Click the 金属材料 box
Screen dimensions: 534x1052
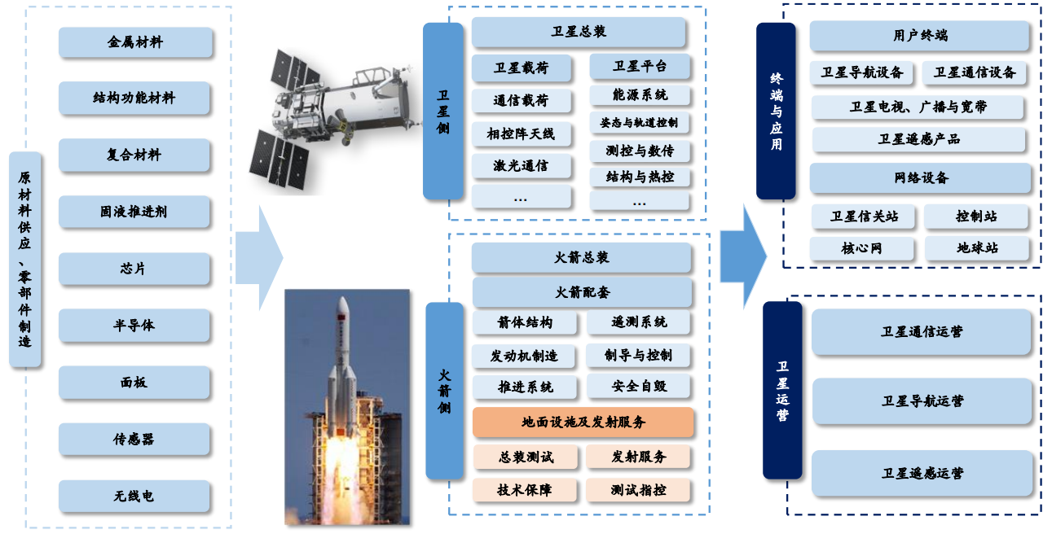(x=135, y=42)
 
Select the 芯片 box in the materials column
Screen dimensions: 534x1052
(x=135, y=269)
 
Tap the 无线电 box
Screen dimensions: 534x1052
(x=135, y=496)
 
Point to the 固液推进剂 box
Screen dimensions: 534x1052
(x=135, y=212)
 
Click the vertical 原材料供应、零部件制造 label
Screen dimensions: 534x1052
(x=25, y=259)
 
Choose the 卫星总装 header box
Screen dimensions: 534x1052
(x=579, y=33)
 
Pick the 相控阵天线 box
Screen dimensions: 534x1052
(x=521, y=133)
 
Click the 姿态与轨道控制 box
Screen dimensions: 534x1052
(x=639, y=123)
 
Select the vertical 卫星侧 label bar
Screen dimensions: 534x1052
(x=442, y=111)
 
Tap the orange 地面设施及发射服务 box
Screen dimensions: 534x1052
(x=583, y=422)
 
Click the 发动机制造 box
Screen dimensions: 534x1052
(x=524, y=357)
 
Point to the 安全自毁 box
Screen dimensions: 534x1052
(x=639, y=386)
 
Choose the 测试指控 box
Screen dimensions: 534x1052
(x=639, y=490)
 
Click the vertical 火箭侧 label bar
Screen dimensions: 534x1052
(x=444, y=391)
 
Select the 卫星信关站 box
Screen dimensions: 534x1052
(x=864, y=217)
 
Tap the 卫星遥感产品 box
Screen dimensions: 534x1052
(x=918, y=139)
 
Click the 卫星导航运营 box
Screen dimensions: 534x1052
(x=922, y=401)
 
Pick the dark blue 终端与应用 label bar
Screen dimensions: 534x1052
(x=776, y=111)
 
